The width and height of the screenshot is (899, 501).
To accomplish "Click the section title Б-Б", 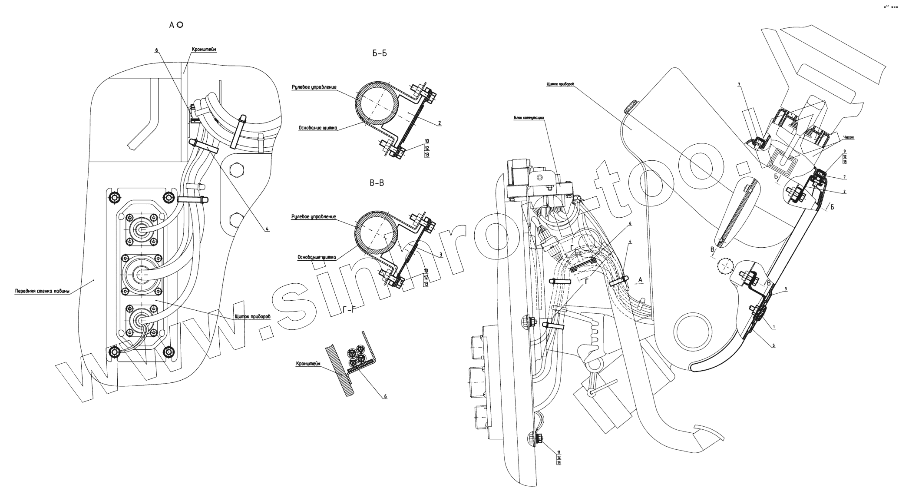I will point(379,53).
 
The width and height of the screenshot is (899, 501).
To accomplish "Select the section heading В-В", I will point(377,183).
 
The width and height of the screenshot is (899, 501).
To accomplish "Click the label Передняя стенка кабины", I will point(42,291).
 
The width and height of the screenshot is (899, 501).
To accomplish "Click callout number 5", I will point(774,345).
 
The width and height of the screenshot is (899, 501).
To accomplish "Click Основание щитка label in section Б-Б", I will point(317,128).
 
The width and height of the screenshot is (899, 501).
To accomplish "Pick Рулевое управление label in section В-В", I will point(314,216).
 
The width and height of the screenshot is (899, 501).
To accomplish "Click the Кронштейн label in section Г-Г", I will point(308,363).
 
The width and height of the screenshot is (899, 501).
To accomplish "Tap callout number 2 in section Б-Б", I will point(440,123).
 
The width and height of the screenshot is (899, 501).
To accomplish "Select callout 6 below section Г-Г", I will point(385,396).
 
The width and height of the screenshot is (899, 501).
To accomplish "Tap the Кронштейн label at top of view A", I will point(204,50).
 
